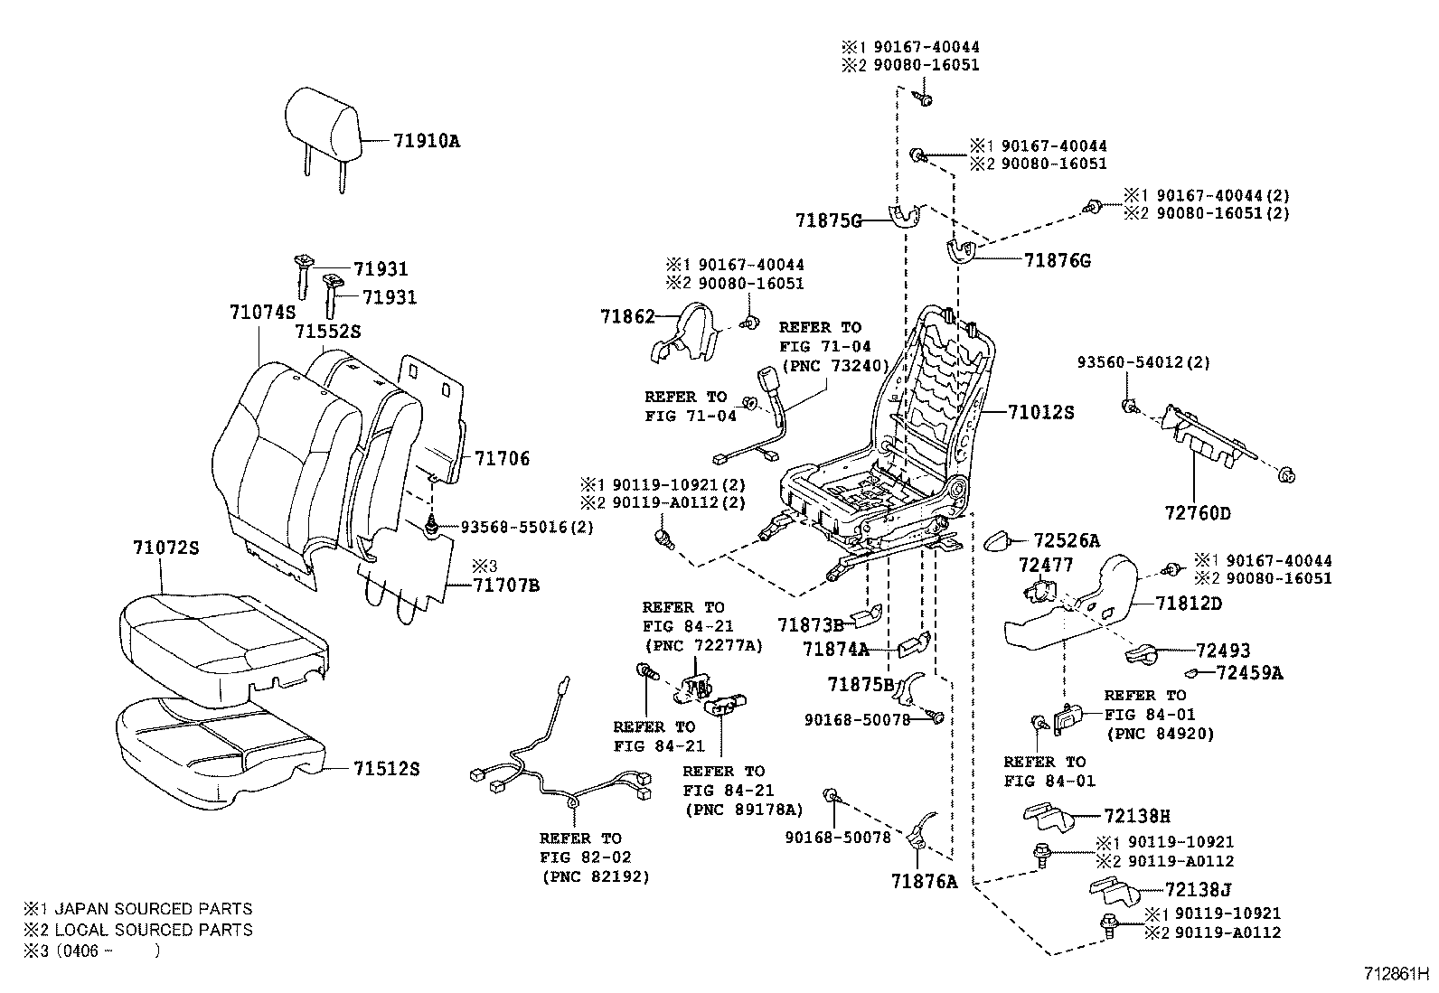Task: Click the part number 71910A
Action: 426,141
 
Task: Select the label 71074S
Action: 262,313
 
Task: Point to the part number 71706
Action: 502,459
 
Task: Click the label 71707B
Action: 505,585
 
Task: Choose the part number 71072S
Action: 166,548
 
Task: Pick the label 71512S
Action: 387,769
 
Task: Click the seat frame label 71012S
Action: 1041,413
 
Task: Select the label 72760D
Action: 1198,513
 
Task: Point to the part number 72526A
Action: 1067,541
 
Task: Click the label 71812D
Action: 1189,603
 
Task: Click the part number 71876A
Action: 923,881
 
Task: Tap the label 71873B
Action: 810,624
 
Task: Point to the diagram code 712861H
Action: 1397,975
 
